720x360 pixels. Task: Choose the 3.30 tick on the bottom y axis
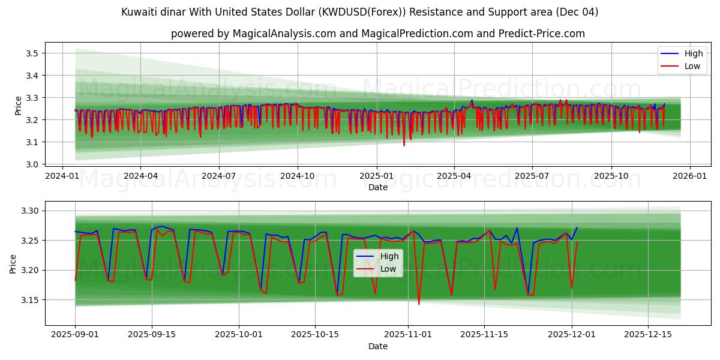(x=29, y=211)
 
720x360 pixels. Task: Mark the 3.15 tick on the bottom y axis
(x=29, y=300)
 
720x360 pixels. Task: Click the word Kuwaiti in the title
(x=137, y=12)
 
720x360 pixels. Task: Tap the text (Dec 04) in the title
(x=577, y=12)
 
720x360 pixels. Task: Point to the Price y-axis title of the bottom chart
(x=13, y=263)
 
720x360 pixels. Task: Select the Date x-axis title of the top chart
(x=378, y=187)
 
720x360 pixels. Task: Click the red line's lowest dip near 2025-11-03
(x=419, y=304)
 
